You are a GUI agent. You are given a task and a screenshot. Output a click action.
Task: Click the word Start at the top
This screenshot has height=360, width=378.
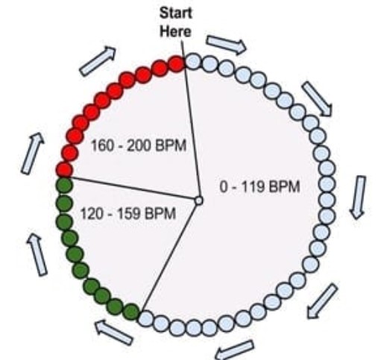[x=175, y=13]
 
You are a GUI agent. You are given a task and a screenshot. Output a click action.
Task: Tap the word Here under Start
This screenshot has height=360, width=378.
[x=175, y=32]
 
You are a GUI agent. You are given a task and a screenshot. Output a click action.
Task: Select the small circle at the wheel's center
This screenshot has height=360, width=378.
[x=198, y=200]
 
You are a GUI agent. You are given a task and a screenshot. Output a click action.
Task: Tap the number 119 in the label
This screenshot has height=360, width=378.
[x=252, y=187]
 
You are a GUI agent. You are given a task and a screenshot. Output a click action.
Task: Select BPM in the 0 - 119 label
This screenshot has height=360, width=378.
[x=285, y=187]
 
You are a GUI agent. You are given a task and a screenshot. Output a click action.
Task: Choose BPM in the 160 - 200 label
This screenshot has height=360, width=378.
[x=171, y=145]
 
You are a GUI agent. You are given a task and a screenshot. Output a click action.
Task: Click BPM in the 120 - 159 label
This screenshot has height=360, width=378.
[x=160, y=214]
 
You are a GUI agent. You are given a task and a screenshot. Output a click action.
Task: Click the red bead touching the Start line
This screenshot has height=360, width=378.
[x=177, y=64]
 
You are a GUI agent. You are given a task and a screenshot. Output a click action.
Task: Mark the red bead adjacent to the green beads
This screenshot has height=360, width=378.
[x=64, y=170]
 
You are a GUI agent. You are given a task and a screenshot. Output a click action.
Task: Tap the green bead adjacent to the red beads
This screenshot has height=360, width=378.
[x=64, y=186]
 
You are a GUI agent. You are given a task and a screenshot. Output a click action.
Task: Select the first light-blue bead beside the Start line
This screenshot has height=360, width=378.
[x=193, y=61]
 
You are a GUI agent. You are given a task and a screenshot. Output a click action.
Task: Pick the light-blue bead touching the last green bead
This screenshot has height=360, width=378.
[x=146, y=318]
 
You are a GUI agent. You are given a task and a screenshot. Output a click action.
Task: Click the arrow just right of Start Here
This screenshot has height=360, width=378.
[x=227, y=45]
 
